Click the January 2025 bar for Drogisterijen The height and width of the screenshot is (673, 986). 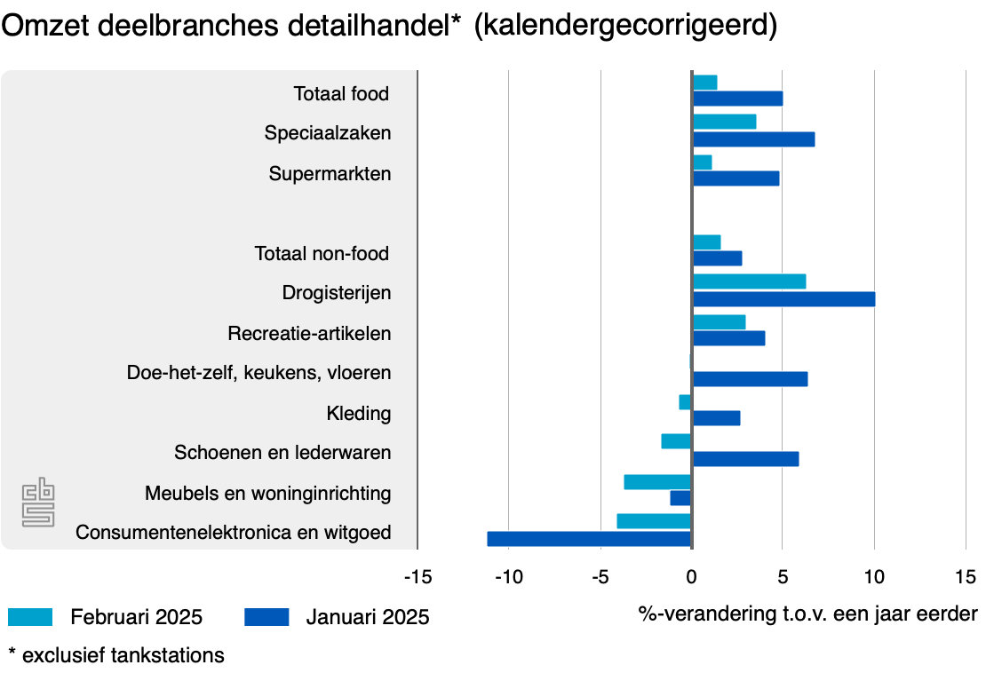point(783,299)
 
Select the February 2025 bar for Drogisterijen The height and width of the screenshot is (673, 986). point(749,281)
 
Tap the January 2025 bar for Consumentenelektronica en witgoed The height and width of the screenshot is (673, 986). point(589,539)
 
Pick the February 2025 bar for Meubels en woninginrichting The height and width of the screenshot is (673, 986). point(657,482)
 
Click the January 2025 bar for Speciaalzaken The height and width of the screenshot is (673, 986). point(753,139)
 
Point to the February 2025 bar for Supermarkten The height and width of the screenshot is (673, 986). point(702,162)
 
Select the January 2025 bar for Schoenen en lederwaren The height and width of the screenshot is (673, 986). point(745,459)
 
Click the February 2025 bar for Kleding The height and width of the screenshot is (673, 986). point(685,402)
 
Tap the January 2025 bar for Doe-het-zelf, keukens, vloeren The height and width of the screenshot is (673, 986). point(750,379)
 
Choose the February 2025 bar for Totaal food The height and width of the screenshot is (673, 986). point(704,83)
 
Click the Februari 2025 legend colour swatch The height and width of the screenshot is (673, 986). point(30,616)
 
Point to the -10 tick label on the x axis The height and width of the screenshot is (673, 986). point(508,577)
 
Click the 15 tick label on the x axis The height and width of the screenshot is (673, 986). point(966,577)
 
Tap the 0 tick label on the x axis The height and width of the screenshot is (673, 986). point(692,577)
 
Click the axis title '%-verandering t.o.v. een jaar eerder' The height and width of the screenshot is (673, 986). point(807,614)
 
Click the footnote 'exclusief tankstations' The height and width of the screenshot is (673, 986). point(123,656)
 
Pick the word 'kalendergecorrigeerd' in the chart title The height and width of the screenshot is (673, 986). point(626,27)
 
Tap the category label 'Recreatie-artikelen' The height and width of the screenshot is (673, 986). point(309,334)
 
